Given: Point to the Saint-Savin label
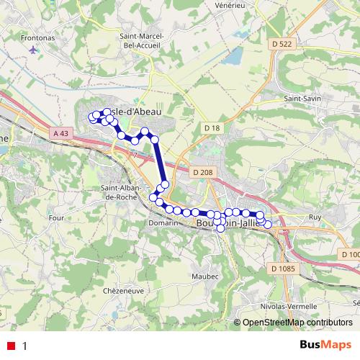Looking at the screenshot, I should [x=302, y=98].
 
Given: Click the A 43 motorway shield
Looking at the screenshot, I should [x=63, y=133].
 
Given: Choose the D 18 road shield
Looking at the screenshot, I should [x=210, y=127].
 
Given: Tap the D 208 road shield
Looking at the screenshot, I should [x=202, y=172].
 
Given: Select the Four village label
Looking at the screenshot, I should [x=55, y=217].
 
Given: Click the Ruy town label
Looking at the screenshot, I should [x=314, y=216].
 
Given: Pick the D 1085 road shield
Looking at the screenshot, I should [x=284, y=269].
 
